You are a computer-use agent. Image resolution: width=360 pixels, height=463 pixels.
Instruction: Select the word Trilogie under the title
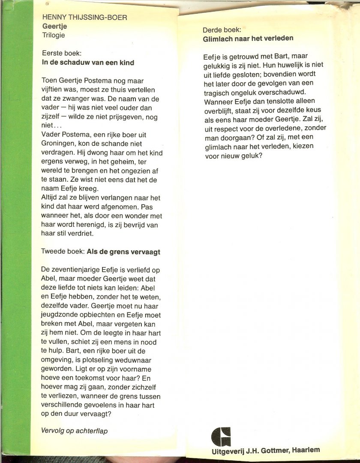pyautogui.click(x=54, y=36)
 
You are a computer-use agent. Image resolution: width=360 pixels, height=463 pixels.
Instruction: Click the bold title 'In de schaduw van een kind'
pyautogui.click(x=88, y=63)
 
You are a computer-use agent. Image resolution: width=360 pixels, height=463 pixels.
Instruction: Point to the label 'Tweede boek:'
pyautogui.click(x=63, y=252)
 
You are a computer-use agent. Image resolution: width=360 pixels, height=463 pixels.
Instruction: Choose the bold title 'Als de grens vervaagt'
pyautogui.click(x=123, y=252)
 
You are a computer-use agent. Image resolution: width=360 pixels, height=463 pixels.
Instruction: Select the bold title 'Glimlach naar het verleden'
pyautogui.click(x=248, y=38)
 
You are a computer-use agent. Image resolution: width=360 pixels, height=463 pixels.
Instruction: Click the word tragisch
pyautogui.click(x=218, y=93)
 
